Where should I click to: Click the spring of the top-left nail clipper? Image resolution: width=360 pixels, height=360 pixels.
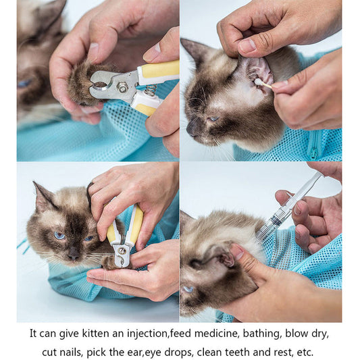[151, 89]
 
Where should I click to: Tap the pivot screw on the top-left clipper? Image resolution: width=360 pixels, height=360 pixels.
[123, 87]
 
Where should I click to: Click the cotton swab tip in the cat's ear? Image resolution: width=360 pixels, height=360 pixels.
[257, 82]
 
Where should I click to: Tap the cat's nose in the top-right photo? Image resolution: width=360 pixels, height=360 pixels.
[190, 128]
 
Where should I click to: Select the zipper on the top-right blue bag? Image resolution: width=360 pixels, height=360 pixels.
[313, 144]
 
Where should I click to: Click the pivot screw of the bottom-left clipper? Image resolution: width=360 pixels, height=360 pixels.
[122, 251]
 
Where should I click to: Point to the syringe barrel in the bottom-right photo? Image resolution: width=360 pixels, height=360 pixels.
[276, 220]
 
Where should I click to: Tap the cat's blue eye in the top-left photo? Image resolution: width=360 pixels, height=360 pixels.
[25, 83]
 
